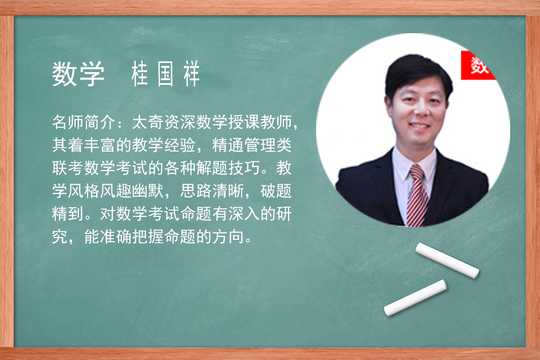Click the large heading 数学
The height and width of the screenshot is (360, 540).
pos(78,74)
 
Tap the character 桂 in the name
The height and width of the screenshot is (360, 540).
pos(140,74)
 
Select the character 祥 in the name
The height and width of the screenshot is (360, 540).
pos(191,74)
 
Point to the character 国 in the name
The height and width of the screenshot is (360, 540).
pos(165,74)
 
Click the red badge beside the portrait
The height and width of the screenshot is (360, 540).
pos(478,65)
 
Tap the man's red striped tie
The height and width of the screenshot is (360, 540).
pos(417,196)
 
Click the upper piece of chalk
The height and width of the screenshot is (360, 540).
pos(447,260)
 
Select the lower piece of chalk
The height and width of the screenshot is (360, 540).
pos(415,298)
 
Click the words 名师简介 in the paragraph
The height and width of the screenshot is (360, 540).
pos(84,122)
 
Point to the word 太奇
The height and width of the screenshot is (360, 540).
pos(148,122)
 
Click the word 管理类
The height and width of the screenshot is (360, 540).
pos(268,145)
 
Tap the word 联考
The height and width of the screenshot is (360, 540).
pos(68,168)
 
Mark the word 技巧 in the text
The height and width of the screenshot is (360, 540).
pos(244,168)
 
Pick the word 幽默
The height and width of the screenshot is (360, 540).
pos(148,191)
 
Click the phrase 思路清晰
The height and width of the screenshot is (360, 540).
pos(212,191)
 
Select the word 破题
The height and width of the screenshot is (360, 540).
pos(276,191)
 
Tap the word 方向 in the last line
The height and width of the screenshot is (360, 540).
pos(228,236)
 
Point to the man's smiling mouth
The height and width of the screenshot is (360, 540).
pos(419,125)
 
